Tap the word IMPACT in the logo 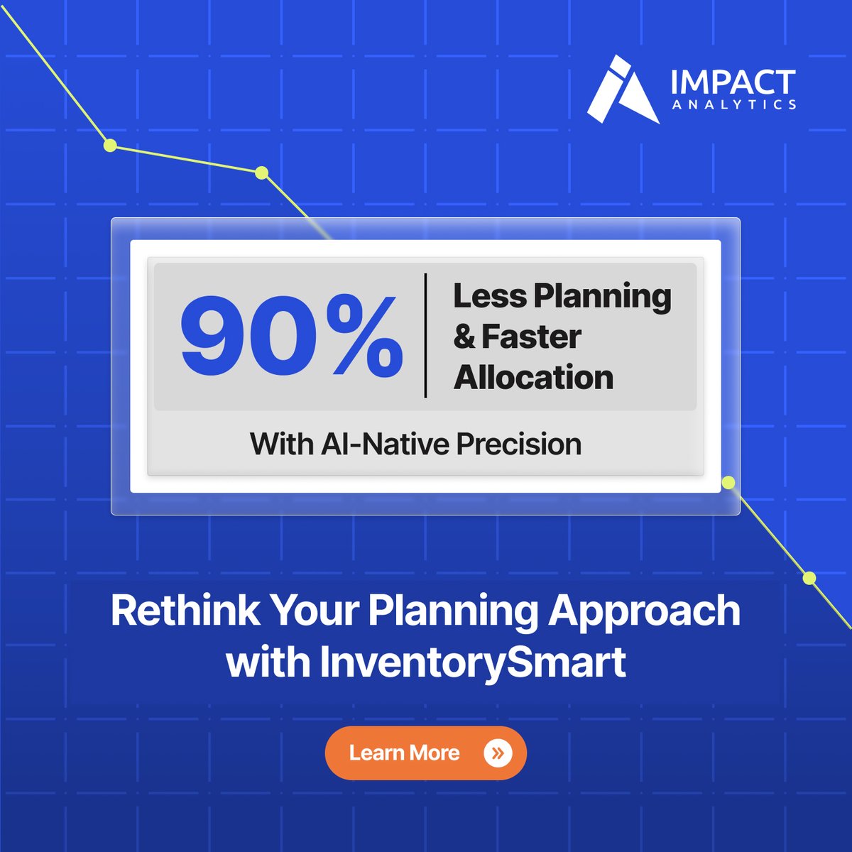733,82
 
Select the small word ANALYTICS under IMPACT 733,105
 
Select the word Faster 531,337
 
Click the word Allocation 533,377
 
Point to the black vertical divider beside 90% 425,335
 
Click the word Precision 518,444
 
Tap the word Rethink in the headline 185,610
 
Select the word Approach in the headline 644,611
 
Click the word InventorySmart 472,662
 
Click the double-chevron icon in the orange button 497,753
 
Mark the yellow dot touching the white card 728,484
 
